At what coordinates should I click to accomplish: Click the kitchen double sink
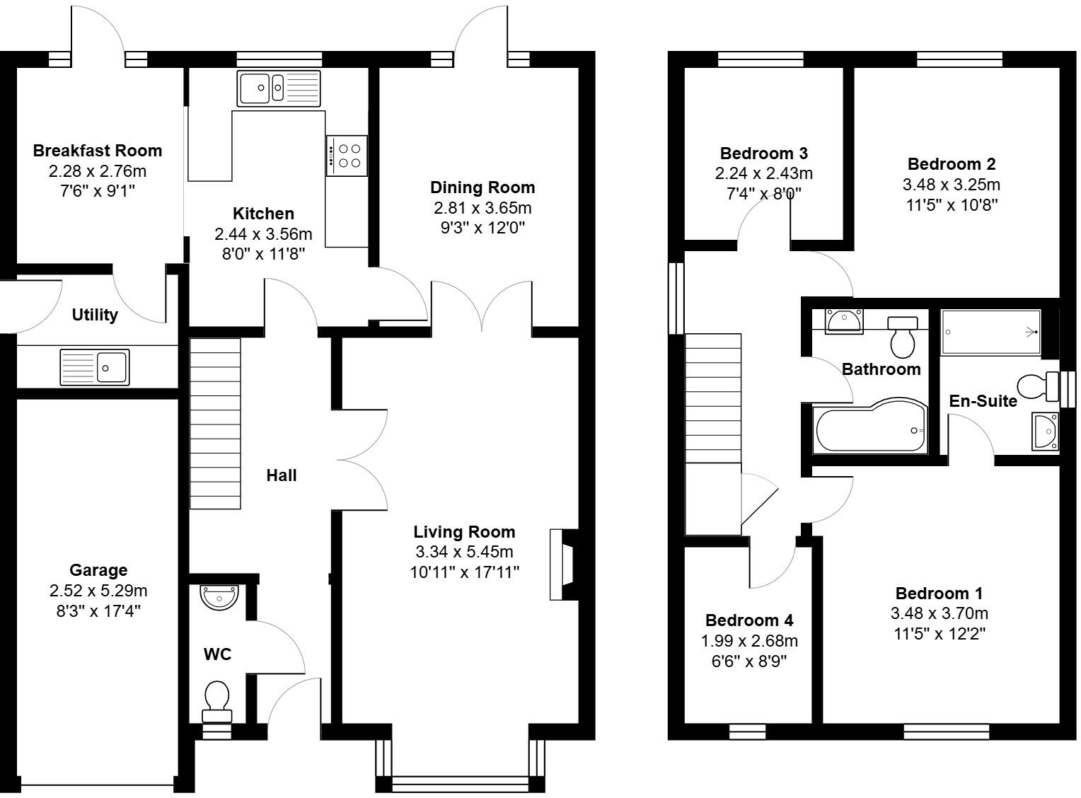coord(279,88)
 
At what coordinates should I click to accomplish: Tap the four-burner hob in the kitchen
coord(347,155)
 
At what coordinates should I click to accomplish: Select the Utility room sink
coord(95,367)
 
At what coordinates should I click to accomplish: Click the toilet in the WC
coord(216,699)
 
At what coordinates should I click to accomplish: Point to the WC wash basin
coord(219,597)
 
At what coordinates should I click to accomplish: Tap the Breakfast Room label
coord(98,151)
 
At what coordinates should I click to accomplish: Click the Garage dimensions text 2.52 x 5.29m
coord(98,591)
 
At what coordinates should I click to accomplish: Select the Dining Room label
coord(482,187)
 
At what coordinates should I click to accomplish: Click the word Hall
coord(281,475)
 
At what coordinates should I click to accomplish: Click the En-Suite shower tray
coord(990,332)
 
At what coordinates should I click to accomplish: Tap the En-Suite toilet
coord(1035,387)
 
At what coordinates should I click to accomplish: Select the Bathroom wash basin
coord(843,320)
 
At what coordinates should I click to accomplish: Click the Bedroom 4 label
coord(749,620)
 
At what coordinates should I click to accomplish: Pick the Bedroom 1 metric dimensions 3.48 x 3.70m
coord(940,613)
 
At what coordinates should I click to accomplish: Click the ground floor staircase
coord(215,423)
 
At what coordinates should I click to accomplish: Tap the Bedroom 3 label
coord(763,154)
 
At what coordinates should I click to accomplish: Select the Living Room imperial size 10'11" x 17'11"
coord(465,572)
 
